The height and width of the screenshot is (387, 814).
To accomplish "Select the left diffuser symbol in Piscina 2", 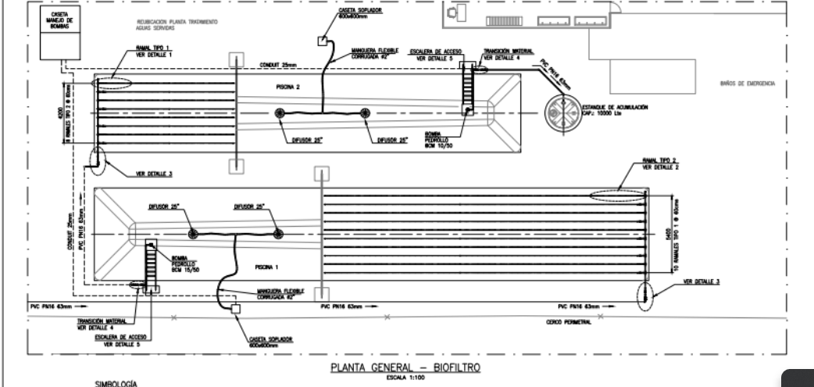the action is click(x=280, y=114).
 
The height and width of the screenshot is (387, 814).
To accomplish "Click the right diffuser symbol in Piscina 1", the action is click(x=277, y=234).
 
